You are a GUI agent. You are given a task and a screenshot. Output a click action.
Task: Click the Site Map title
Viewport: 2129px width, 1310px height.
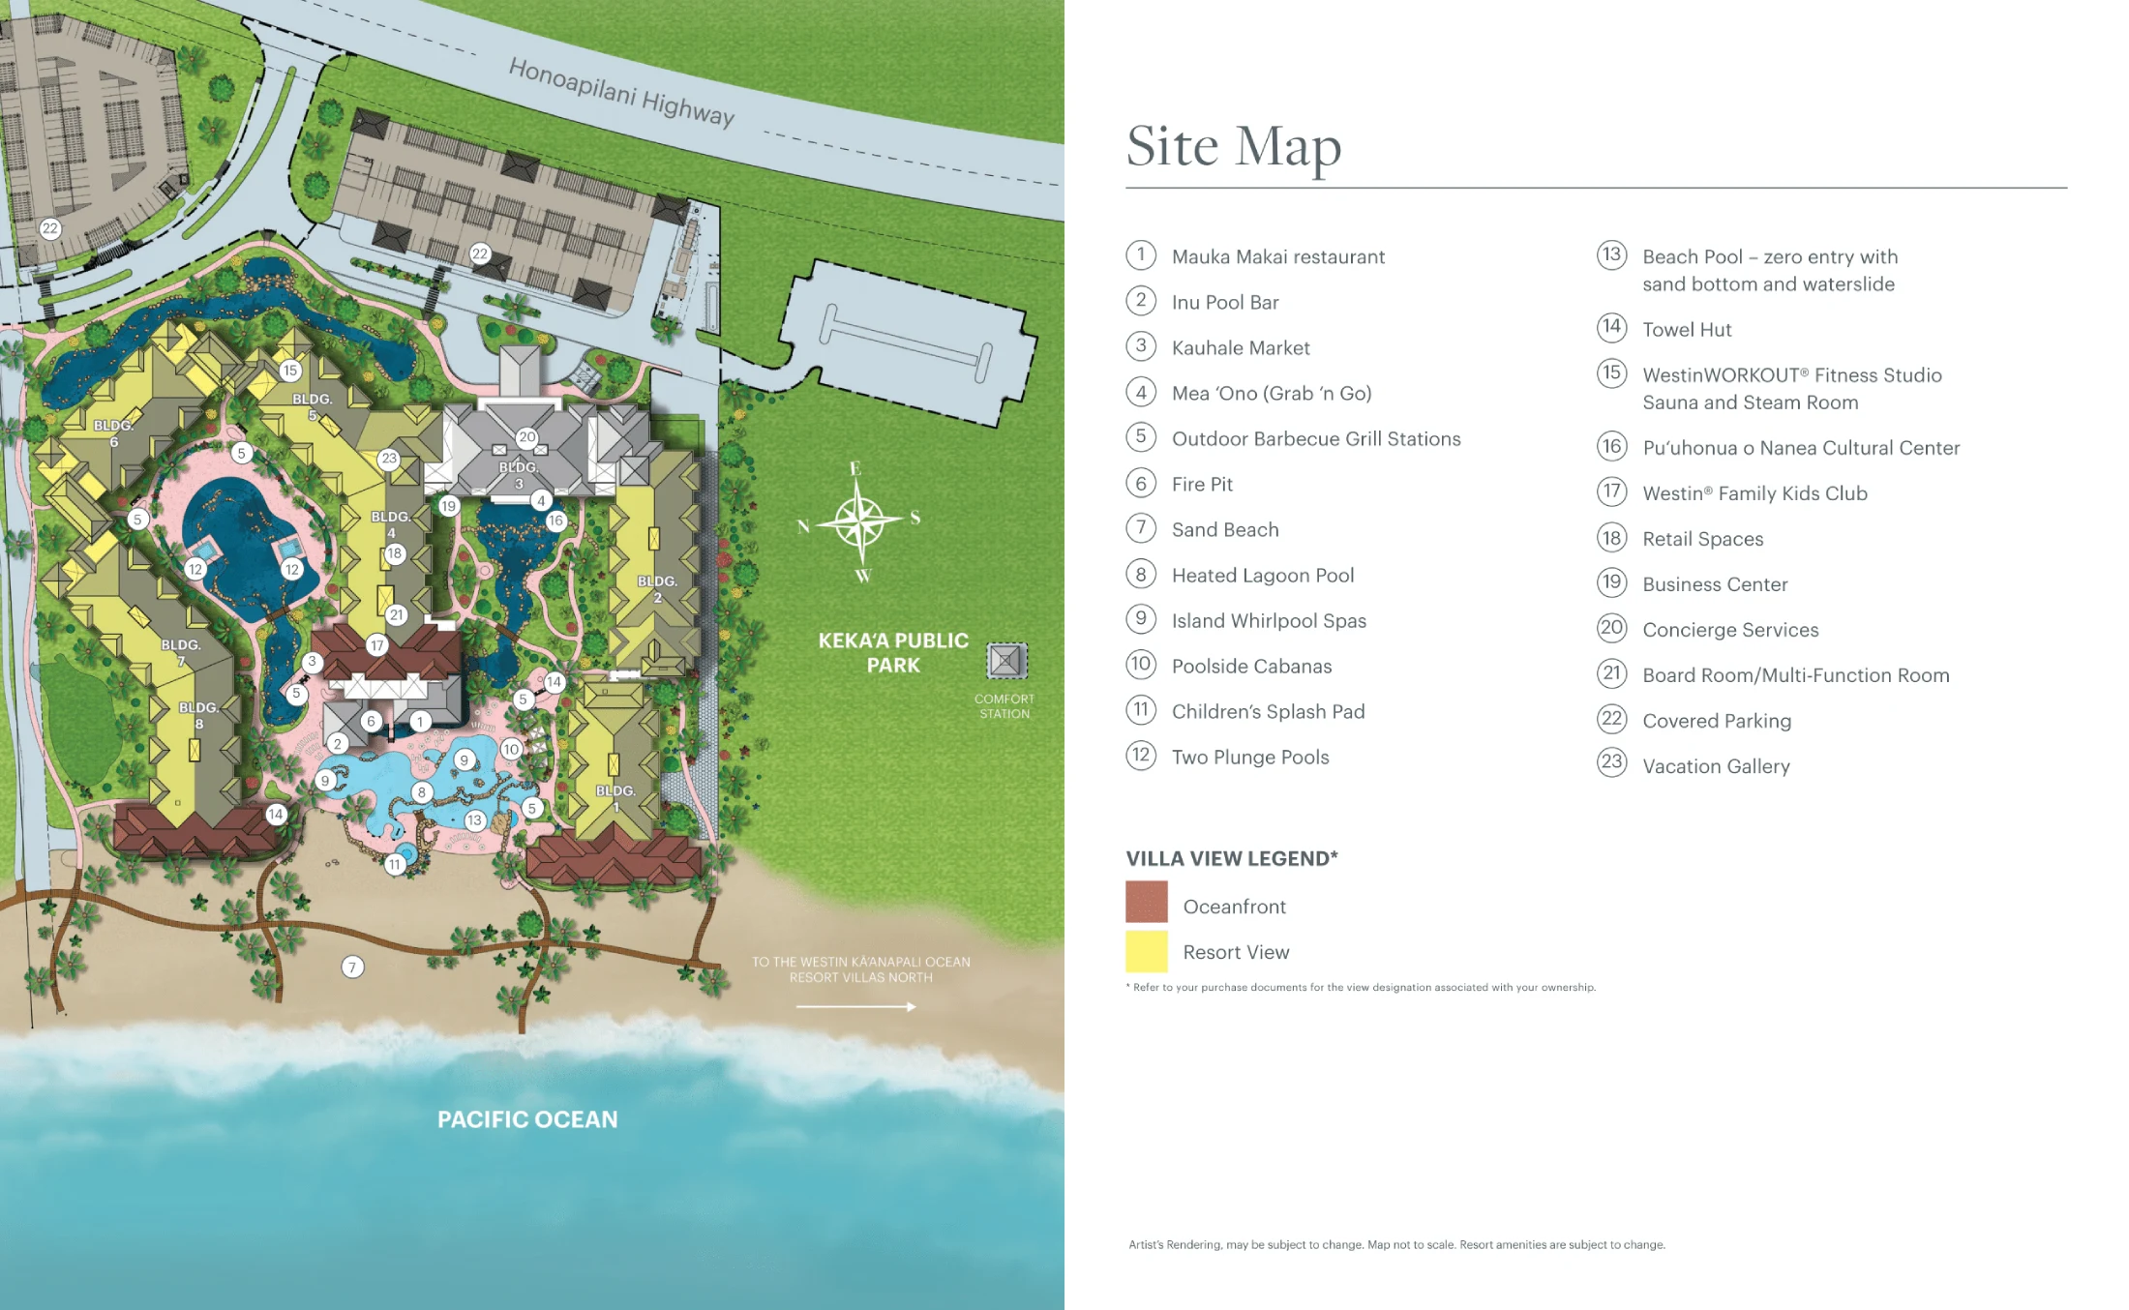(x=1233, y=146)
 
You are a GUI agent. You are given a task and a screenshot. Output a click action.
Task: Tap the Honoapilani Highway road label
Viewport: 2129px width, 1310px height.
(x=621, y=92)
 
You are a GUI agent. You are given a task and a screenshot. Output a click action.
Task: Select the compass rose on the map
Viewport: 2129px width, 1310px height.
(x=858, y=521)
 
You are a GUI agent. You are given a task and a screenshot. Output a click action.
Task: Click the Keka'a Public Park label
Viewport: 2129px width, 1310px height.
(x=892, y=653)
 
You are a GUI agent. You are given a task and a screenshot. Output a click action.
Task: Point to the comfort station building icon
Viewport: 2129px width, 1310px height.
(x=1005, y=661)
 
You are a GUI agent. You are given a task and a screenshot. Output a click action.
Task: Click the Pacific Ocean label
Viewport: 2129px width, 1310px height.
(x=527, y=1119)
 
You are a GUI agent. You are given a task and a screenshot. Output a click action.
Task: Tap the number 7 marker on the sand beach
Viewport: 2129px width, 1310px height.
(x=352, y=967)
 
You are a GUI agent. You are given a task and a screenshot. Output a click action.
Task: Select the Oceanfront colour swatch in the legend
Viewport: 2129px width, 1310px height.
(x=1146, y=902)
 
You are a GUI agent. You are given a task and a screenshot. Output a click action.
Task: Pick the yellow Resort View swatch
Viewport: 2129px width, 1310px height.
(x=1146, y=951)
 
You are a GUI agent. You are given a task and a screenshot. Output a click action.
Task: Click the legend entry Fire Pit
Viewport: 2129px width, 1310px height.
(x=1202, y=485)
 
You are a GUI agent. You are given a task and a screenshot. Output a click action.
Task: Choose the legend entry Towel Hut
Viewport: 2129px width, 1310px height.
(x=1687, y=330)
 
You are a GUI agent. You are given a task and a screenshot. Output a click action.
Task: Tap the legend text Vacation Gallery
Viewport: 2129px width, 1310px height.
(x=1716, y=766)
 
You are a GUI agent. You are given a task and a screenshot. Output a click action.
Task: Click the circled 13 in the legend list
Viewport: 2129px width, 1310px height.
(x=1611, y=255)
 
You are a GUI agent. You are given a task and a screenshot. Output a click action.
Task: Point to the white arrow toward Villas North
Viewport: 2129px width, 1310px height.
(x=855, y=1007)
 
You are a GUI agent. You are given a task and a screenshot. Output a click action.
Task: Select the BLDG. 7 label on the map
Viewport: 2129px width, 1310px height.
(x=181, y=652)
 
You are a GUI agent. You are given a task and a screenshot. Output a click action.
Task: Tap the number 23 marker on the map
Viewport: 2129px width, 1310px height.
(x=389, y=459)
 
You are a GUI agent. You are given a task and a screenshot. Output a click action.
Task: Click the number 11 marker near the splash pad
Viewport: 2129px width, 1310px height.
(x=395, y=864)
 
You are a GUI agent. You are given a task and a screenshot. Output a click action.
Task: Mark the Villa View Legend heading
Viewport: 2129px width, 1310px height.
(x=1231, y=858)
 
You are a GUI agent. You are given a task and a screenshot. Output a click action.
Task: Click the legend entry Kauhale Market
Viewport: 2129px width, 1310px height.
(x=1241, y=348)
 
